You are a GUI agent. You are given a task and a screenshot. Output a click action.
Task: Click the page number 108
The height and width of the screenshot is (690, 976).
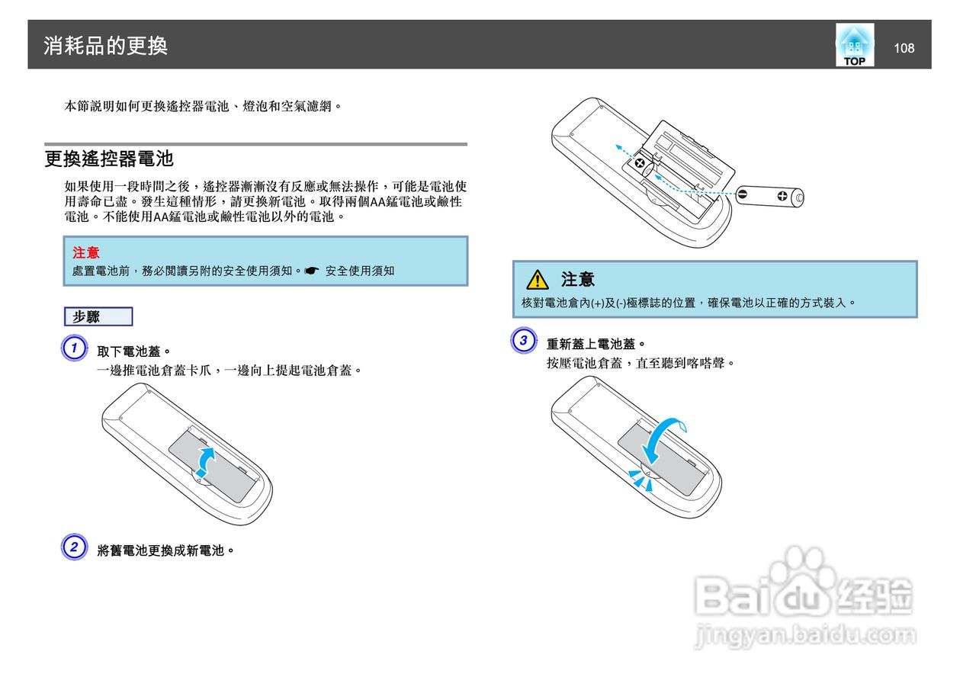pos(904,48)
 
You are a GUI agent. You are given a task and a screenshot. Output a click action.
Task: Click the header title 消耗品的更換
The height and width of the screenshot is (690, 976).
pos(105,46)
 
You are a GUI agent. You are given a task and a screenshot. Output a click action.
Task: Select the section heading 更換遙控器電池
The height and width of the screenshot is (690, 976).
pos(109,159)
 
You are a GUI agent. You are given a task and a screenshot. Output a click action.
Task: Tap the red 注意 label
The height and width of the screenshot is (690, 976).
pos(86,252)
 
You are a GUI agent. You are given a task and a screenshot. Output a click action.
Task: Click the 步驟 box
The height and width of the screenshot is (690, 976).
pos(98,316)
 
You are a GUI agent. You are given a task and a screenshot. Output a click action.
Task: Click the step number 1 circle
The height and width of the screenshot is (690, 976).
pos(73,349)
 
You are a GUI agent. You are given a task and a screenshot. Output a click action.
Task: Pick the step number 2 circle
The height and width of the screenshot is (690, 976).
pos(73,547)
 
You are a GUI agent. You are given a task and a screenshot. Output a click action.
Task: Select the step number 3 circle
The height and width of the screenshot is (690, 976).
pos(523,341)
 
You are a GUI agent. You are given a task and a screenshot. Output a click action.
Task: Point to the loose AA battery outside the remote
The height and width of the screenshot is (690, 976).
pos(770,196)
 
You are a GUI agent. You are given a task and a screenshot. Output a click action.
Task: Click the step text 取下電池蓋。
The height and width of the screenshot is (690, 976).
pos(134,351)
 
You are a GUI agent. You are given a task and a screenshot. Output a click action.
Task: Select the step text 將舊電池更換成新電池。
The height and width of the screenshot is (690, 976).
pos(165,550)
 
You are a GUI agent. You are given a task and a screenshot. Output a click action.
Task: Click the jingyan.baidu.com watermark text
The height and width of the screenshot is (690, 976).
pos(805,635)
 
